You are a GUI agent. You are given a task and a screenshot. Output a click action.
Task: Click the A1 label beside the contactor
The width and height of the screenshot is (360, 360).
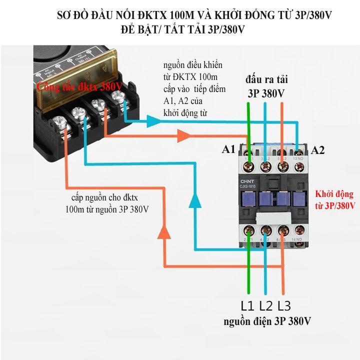coord(228,149)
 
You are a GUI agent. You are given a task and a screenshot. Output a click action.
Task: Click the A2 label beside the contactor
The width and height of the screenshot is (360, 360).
coord(318,149)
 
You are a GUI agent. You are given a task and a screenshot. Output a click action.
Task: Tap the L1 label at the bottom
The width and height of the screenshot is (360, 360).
coord(248,305)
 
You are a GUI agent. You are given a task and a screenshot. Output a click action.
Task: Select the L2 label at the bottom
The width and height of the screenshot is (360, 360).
coord(266,305)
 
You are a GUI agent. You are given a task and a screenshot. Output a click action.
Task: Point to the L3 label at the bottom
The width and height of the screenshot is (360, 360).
coord(283,305)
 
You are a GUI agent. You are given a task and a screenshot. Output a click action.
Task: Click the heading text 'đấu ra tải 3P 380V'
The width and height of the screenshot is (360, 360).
coord(266,86)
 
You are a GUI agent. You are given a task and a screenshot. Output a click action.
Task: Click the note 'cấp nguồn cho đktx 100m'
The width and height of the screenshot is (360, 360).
coord(106,202)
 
